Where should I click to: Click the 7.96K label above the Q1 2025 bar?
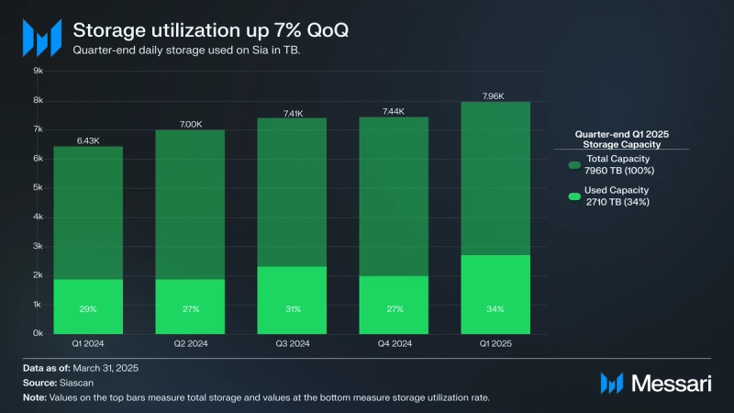click(495, 95)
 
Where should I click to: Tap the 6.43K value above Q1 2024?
click(90, 140)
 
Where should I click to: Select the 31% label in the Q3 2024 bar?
click(293, 309)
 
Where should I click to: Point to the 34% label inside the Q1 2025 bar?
click(495, 309)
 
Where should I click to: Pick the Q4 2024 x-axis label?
click(394, 344)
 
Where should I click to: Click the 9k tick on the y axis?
click(39, 71)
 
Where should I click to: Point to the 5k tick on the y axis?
click(39, 187)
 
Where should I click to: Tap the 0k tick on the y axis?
click(39, 333)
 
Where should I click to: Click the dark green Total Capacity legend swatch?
click(574, 164)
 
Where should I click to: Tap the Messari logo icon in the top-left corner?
click(41, 38)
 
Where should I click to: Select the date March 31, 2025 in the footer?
click(112, 368)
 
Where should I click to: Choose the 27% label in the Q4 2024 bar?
click(394, 309)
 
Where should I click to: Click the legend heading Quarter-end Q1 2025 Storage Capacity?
click(622, 138)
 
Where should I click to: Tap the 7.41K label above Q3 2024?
click(293, 113)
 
